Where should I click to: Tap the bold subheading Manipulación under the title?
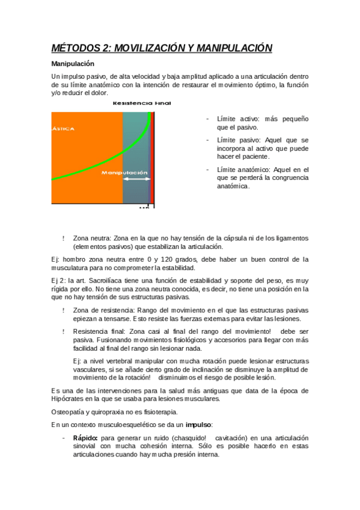click(x=72, y=63)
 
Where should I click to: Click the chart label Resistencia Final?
click(x=142, y=103)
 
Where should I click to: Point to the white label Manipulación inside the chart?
click(x=124, y=173)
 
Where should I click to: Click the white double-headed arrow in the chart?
click(x=138, y=179)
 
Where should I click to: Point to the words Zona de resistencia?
click(x=101, y=310)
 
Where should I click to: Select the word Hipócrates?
click(x=69, y=399)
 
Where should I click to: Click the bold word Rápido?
click(x=85, y=438)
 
